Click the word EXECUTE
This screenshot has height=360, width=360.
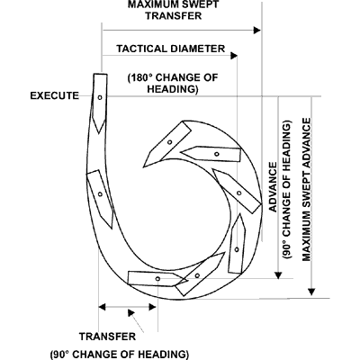55,95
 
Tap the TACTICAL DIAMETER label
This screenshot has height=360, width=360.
171,49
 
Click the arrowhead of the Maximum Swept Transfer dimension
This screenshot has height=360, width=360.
257,30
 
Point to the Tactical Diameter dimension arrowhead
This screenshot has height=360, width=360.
234,56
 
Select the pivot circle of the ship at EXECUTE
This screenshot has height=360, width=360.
100,97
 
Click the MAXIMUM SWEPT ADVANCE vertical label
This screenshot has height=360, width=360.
307,190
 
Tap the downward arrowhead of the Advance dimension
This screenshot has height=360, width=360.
279,275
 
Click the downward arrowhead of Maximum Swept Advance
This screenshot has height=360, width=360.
312,292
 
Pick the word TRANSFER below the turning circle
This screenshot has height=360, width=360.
108,337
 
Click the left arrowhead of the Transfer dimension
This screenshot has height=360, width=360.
103,307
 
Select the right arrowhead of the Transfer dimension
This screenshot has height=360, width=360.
153,307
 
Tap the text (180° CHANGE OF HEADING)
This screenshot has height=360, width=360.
173,84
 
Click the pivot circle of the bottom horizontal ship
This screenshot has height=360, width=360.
157,279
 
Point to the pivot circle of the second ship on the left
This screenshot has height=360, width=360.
100,194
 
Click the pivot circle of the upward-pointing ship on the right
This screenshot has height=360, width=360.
237,249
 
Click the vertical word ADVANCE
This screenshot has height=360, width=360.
274,187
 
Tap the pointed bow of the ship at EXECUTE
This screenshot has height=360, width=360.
99,132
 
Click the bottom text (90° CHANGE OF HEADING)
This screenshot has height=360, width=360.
120,355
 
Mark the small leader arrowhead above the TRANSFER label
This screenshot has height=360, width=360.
130,313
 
